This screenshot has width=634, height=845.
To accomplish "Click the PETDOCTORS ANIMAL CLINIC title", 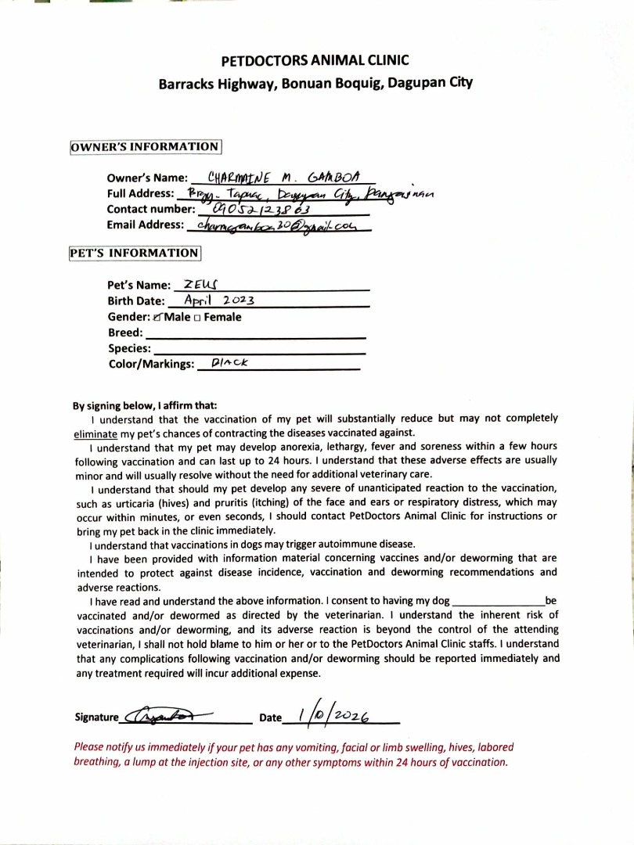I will [315, 60].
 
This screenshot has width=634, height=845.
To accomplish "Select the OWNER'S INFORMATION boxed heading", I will [146, 147].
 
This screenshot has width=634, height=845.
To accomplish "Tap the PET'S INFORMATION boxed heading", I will [135, 253].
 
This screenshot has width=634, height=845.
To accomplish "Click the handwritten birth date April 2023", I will [220, 300].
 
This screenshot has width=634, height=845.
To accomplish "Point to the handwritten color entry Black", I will [224, 363].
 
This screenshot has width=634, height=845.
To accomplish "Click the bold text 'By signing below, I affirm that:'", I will [145, 406].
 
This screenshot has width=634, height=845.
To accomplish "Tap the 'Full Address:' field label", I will [140, 193].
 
